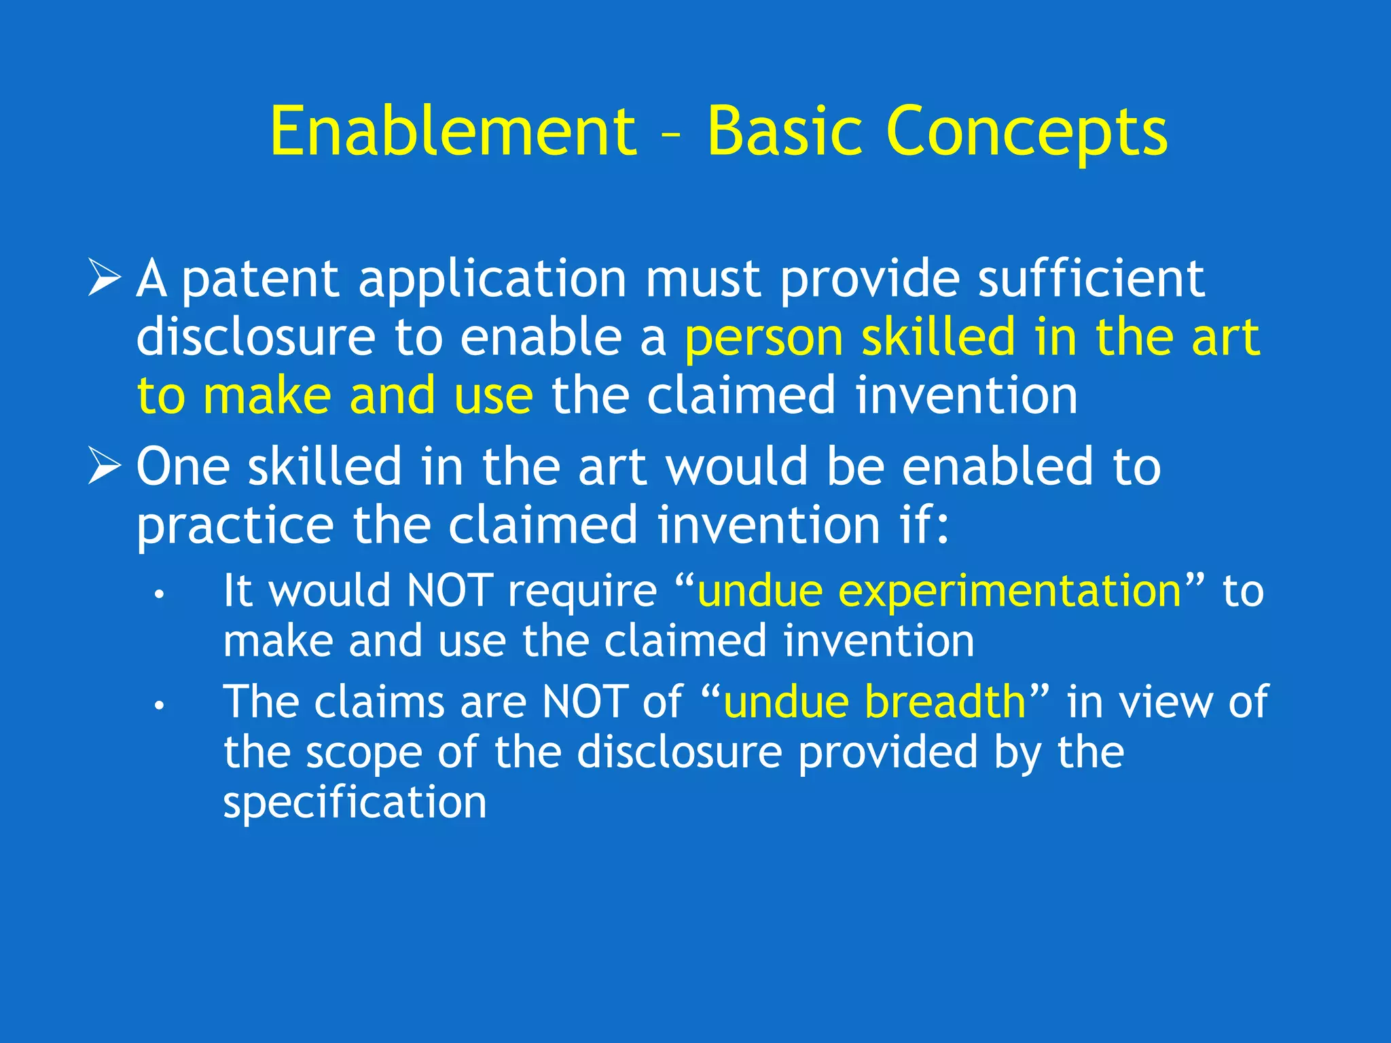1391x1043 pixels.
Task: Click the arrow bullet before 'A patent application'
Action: tap(105, 278)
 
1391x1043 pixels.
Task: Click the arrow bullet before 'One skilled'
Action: tap(105, 467)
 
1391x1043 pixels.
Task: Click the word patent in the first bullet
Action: tap(261, 280)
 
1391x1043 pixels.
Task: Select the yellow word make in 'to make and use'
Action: tap(266, 396)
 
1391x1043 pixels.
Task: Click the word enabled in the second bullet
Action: tap(998, 467)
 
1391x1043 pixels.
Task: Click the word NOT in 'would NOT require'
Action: tap(449, 591)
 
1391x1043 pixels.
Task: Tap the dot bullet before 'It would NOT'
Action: tap(159, 596)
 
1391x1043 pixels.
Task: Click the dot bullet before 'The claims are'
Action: tap(159, 707)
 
